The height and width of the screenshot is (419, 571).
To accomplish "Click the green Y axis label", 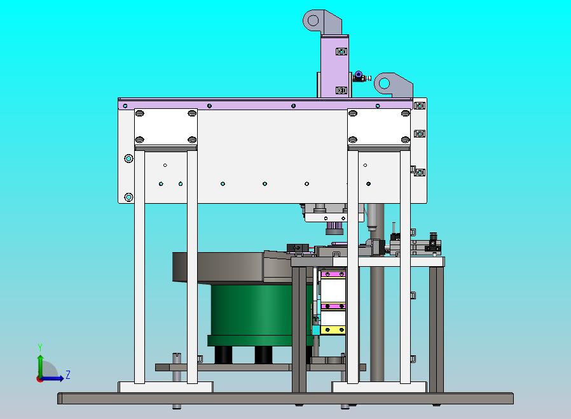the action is click(x=40, y=347).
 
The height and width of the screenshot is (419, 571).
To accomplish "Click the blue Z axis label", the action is click(x=68, y=374).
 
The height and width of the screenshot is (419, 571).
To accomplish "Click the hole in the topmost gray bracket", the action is click(x=313, y=20).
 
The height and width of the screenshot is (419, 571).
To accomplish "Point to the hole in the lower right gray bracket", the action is click(x=384, y=83).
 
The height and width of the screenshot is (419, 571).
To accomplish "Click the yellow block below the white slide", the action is click(x=333, y=330).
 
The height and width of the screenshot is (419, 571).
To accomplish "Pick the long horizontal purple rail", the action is click(x=265, y=105).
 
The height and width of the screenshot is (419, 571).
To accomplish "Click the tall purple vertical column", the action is click(x=334, y=66).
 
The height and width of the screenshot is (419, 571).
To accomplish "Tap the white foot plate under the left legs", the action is click(x=165, y=387).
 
